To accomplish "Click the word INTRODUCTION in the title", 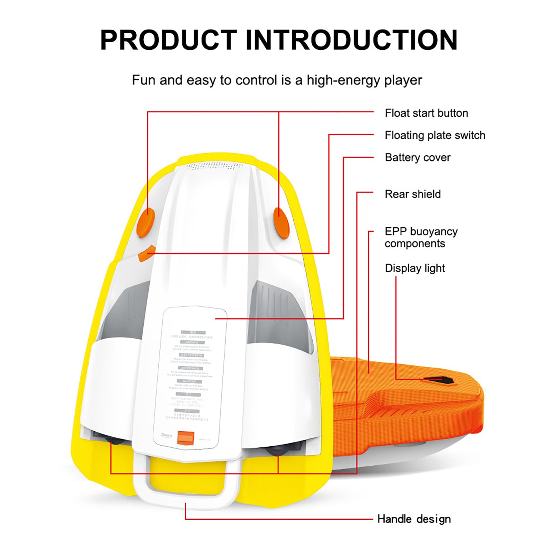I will [x=351, y=40].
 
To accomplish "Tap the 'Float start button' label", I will [x=426, y=113].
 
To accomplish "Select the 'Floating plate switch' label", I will [x=435, y=135].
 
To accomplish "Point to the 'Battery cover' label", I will [x=418, y=158].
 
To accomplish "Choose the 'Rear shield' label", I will [x=413, y=194].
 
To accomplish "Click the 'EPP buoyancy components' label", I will [x=421, y=238].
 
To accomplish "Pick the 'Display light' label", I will [x=415, y=268].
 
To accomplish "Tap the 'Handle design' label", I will [x=414, y=519].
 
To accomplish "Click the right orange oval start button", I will [x=282, y=223].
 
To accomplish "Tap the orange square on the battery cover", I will [x=186, y=438].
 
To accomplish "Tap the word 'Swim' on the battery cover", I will [x=167, y=435].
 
